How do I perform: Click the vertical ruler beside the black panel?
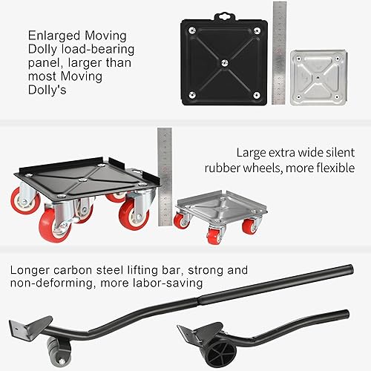coord(278,52)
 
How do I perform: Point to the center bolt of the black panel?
coord(223,65)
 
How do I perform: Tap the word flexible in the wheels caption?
coord(335,168)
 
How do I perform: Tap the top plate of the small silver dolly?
coord(220,200)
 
